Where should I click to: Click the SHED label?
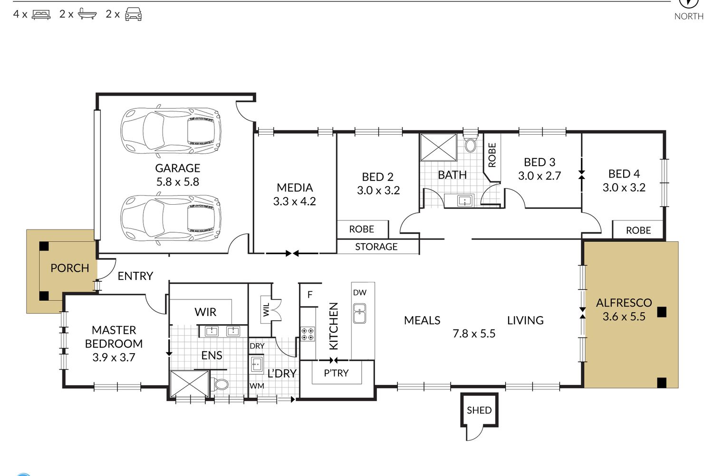pos(479,410)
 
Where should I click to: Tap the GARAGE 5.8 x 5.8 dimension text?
pos(178,182)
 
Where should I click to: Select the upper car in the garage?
pos(171,131)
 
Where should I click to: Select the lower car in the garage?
pos(171,218)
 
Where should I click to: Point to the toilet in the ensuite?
pos(220,384)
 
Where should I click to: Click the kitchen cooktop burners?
pos(308,334)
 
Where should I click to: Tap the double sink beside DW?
pos(360,313)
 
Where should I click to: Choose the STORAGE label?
pos(376,247)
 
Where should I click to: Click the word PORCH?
pos(70,268)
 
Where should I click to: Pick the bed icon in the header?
pos(41,15)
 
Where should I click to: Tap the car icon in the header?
pos(134,14)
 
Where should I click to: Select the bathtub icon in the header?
pos(87,14)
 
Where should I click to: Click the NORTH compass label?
pos(689,16)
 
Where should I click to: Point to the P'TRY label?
pos(336,373)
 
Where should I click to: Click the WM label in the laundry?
pos(257,386)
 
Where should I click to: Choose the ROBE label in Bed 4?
pos(638,230)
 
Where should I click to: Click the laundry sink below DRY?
pos(257,364)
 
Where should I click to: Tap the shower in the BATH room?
pos(439,147)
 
